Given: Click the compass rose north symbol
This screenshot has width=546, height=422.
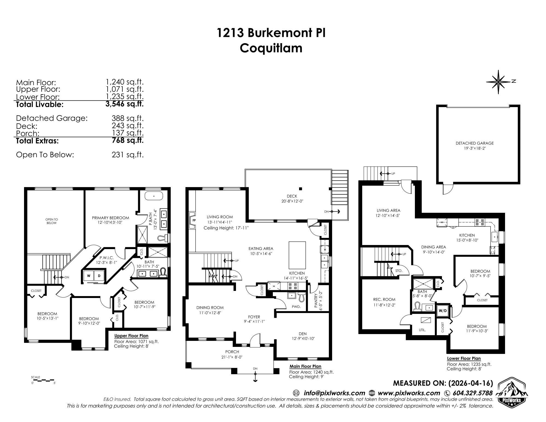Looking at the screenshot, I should (x=499, y=82).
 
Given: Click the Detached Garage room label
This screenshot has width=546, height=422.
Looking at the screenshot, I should (x=474, y=143).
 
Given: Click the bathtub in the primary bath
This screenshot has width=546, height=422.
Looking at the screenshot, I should (x=154, y=196).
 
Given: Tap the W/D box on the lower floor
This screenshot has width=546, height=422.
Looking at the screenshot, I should (x=442, y=311).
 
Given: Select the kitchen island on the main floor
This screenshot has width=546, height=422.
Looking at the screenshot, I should (x=297, y=255).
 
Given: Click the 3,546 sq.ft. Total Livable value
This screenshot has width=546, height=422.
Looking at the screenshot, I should (x=125, y=104).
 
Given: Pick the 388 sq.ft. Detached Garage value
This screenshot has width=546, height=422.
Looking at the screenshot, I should (x=127, y=118).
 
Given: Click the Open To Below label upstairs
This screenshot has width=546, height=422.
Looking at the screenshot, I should (x=52, y=221).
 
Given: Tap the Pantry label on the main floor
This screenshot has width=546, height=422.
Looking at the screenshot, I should (x=316, y=300).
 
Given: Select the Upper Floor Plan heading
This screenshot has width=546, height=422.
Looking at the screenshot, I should (x=131, y=336).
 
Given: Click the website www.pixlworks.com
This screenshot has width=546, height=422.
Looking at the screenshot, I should (x=409, y=393).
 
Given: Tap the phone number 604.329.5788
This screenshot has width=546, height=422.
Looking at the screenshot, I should (x=473, y=393).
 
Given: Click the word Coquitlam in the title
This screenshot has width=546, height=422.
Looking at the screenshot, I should (x=271, y=48).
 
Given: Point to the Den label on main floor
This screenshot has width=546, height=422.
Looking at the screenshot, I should (x=303, y=334).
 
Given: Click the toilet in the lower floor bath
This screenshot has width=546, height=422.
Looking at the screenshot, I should (x=418, y=306).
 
